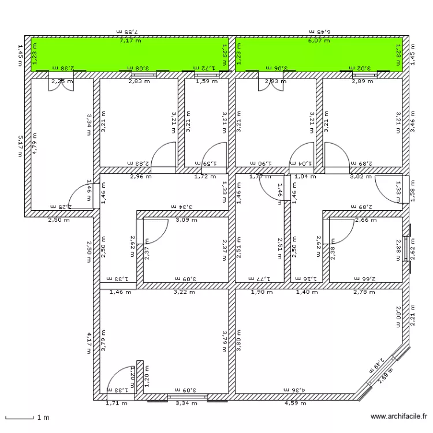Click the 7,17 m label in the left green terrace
tap(130, 41)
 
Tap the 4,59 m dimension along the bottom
tap(296, 403)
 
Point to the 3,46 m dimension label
tap(412, 123)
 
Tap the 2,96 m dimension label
tap(140, 177)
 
